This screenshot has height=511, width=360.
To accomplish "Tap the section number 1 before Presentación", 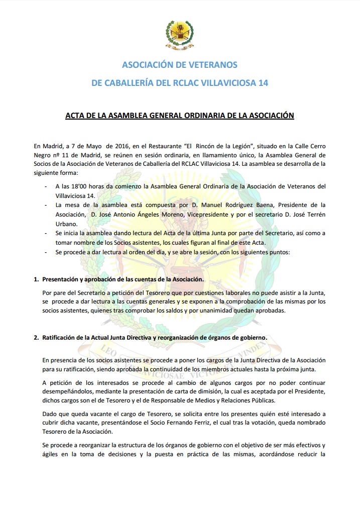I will (x=36, y=279).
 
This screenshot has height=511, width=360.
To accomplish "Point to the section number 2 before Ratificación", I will (x=36, y=338).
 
